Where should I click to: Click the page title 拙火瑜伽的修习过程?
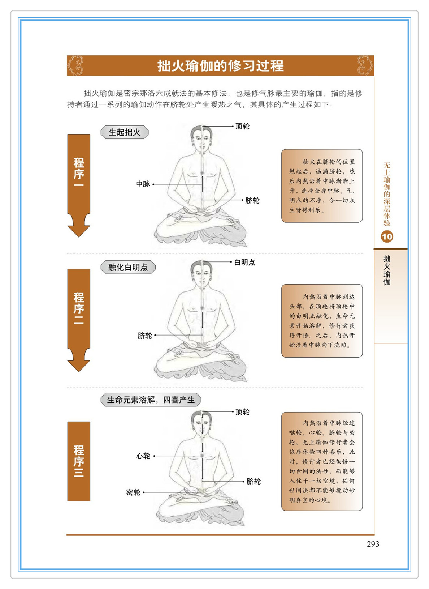tap(220, 66)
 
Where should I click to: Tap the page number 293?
tap(373, 544)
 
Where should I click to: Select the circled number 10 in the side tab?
tap(387, 237)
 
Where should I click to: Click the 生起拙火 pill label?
tap(125, 132)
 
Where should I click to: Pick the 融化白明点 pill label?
tap(128, 267)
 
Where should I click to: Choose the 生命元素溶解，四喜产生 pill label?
tap(151, 400)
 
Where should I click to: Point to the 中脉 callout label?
tap(143, 184)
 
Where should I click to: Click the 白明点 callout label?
tap(244, 262)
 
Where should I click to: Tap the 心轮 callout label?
tap(143, 456)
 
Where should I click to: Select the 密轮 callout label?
tap(133, 492)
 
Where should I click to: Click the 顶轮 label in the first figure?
tap(242, 126)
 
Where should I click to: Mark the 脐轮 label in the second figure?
tap(145, 336)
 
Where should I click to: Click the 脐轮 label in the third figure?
tap(253, 482)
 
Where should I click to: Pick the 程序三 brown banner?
tap(79, 461)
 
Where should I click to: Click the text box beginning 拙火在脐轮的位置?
tap(322, 185)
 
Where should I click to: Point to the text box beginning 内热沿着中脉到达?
tap(322, 320)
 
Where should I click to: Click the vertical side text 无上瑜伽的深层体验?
tap(387, 194)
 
